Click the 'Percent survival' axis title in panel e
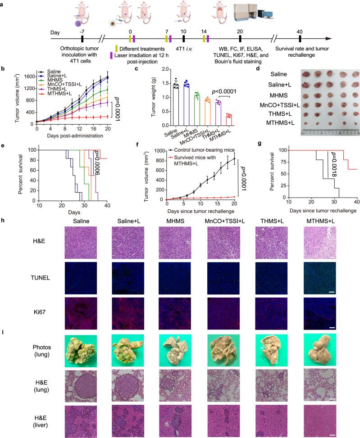point(22,169)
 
